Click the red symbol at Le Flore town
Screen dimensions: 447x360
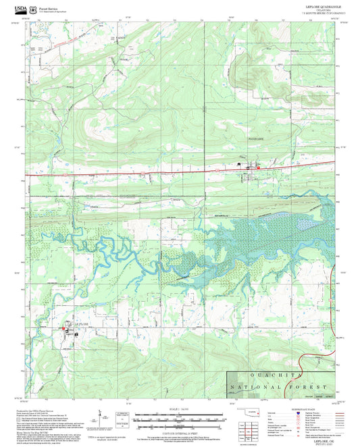65,329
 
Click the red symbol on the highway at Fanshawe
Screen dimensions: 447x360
257,167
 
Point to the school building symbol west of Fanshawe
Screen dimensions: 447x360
238,163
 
